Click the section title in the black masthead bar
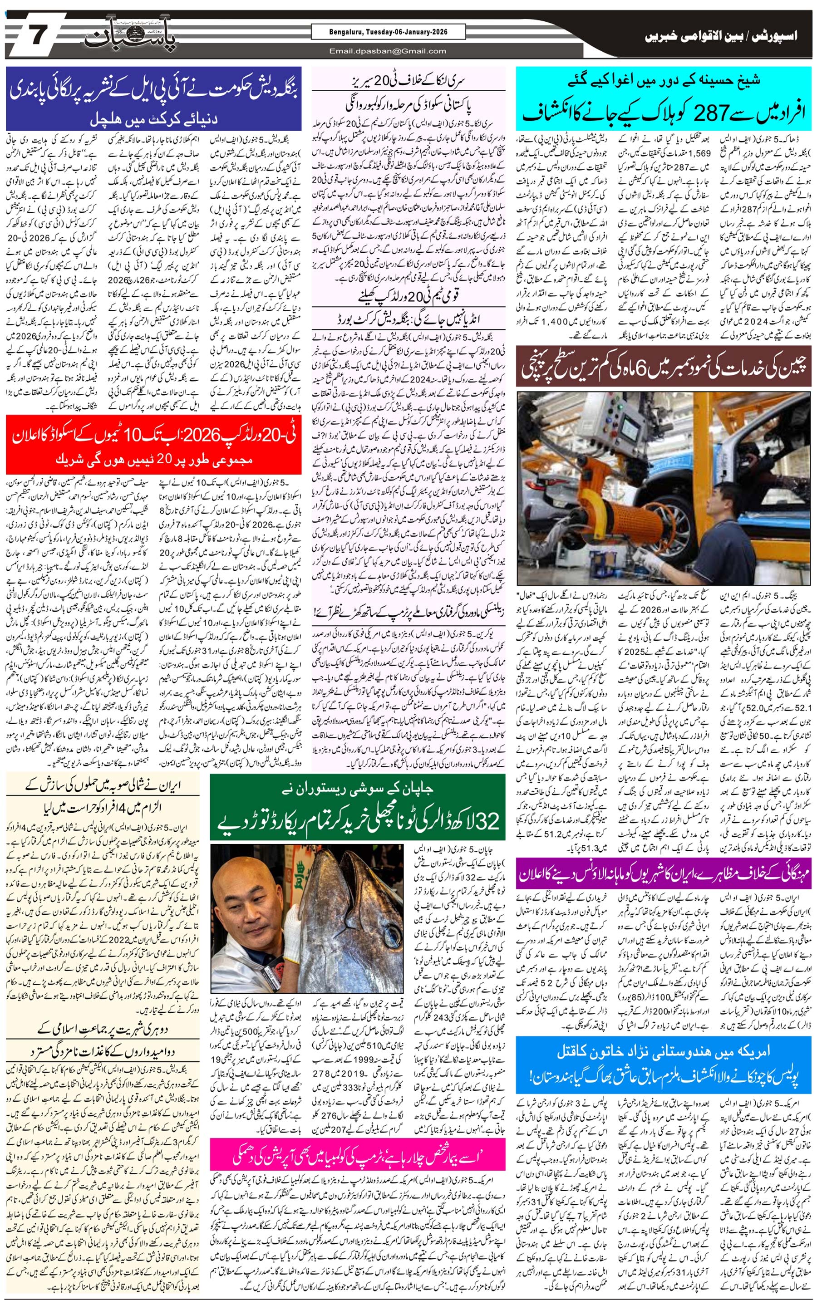tap(720, 37)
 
